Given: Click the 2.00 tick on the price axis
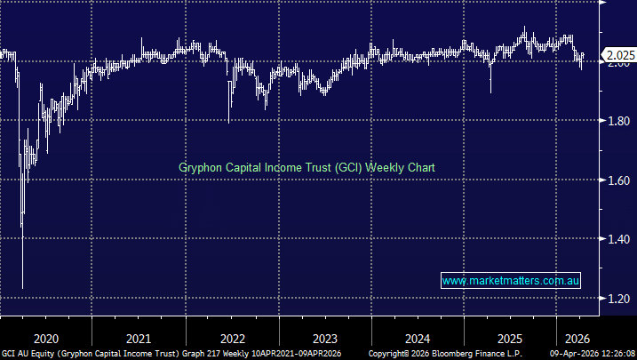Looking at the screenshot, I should [x=618, y=61].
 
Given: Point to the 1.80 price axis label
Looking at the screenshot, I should [x=618, y=121].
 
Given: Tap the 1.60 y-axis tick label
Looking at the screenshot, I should [x=618, y=180].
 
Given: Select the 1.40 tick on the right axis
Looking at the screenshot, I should [x=618, y=240].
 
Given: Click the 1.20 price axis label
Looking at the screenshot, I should [x=618, y=299].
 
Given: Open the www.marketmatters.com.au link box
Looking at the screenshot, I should [x=511, y=281].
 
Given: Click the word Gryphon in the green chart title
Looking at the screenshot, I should [x=201, y=167].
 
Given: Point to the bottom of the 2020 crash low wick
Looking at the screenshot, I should [x=22, y=287].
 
